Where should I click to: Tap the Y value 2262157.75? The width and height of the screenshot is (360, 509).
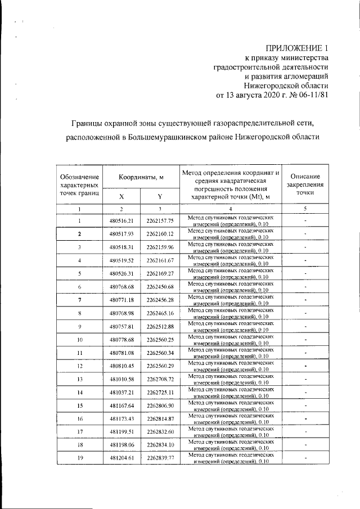click(x=160, y=221)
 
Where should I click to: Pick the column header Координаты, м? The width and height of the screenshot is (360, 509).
click(x=141, y=177)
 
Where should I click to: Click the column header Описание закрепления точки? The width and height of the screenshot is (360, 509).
click(x=305, y=184)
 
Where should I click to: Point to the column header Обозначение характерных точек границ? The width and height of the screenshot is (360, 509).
click(x=80, y=184)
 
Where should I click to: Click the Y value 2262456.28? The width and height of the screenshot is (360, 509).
click(x=160, y=300)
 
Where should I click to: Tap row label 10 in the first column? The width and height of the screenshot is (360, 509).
click(x=80, y=340)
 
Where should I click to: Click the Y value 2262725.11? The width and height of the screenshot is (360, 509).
click(x=160, y=393)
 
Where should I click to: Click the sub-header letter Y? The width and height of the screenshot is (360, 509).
click(x=160, y=196)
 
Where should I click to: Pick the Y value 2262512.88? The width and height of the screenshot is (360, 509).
click(x=160, y=327)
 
